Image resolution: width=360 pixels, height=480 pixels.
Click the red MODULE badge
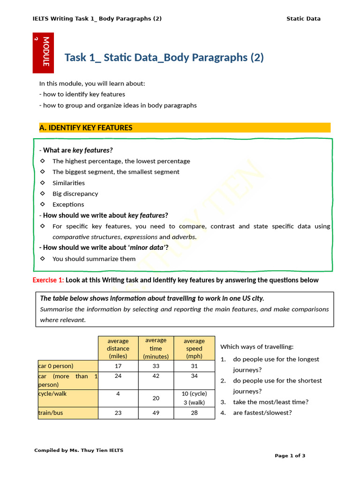point(43,52)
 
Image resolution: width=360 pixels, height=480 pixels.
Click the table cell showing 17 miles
point(118,366)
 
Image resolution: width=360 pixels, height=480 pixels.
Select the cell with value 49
point(156,413)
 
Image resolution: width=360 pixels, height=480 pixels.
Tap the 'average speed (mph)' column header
point(194,348)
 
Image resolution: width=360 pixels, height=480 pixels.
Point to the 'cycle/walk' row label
point(52,394)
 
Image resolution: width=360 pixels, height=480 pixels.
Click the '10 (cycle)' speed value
point(194,394)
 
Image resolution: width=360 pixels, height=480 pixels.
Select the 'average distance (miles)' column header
point(118,348)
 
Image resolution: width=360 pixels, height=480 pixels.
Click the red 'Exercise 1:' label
point(48,280)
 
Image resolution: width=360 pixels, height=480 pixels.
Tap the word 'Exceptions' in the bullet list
point(68,204)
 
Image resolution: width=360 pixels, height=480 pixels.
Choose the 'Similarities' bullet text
point(68,183)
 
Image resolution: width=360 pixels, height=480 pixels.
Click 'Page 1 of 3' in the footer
point(290,456)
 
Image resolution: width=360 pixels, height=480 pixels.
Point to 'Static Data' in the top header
point(303,19)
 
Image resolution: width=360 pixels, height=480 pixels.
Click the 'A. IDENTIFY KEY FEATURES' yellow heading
point(86,127)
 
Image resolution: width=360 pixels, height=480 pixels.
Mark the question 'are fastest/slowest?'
point(262,413)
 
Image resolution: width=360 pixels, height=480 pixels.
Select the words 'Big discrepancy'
point(75,194)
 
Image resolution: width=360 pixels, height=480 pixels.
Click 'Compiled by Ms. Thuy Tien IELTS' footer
point(79,450)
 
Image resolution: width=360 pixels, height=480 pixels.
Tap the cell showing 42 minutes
point(156,376)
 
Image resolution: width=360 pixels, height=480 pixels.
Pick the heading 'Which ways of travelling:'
point(257,347)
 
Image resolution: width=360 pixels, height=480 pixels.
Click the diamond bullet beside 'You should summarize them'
point(43,259)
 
